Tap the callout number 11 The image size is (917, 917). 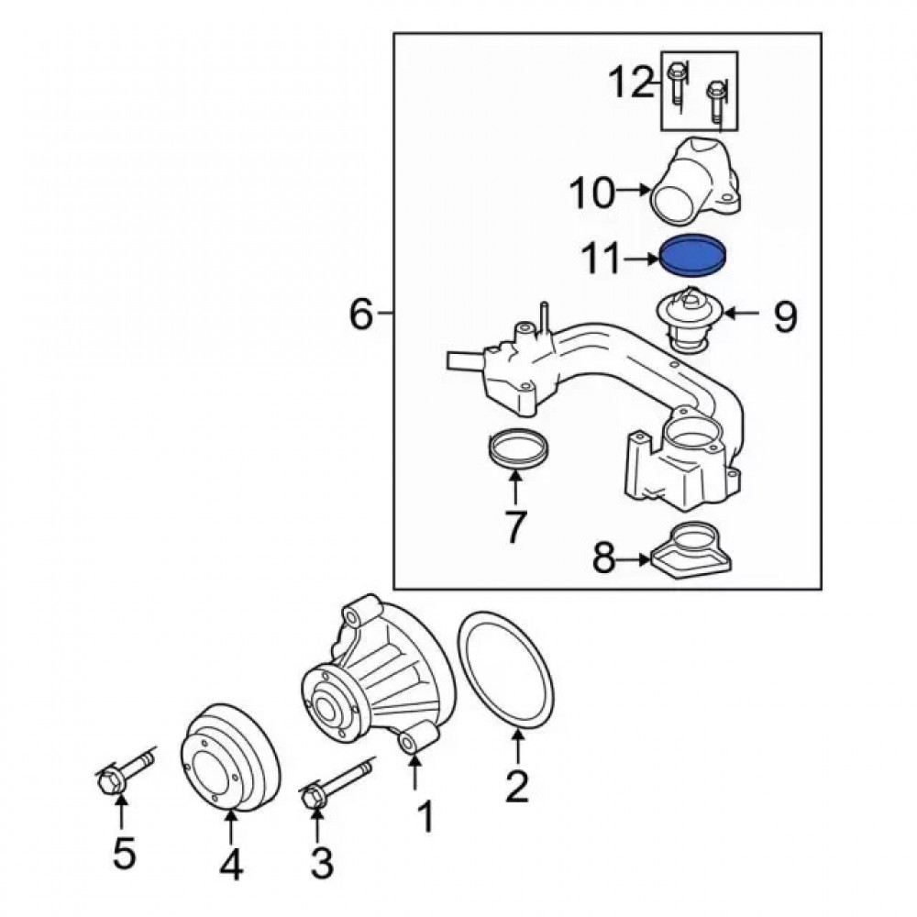pyautogui.click(x=605, y=260)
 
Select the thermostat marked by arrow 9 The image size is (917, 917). pyautogui.click(x=690, y=325)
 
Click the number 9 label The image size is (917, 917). pyautogui.click(x=786, y=317)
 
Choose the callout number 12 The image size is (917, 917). pyautogui.click(x=632, y=83)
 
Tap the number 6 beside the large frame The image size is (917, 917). pyautogui.click(x=362, y=316)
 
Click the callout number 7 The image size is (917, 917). pyautogui.click(x=515, y=525)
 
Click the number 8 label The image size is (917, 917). pyautogui.click(x=602, y=558)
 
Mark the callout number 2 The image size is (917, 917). pyautogui.click(x=517, y=786)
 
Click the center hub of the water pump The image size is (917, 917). pyautogui.click(x=327, y=707)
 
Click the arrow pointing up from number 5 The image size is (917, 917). pyautogui.click(x=122, y=814)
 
